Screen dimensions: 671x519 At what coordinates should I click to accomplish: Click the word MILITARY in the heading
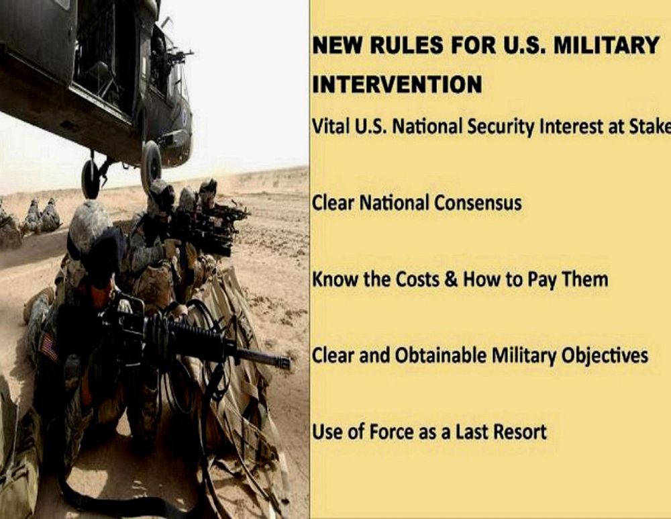click(606, 45)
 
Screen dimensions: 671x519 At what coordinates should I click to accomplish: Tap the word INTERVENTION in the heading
click(397, 84)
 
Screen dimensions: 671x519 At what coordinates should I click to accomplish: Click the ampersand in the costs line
click(452, 279)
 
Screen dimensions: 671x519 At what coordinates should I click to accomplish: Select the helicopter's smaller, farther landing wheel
click(91, 179)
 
